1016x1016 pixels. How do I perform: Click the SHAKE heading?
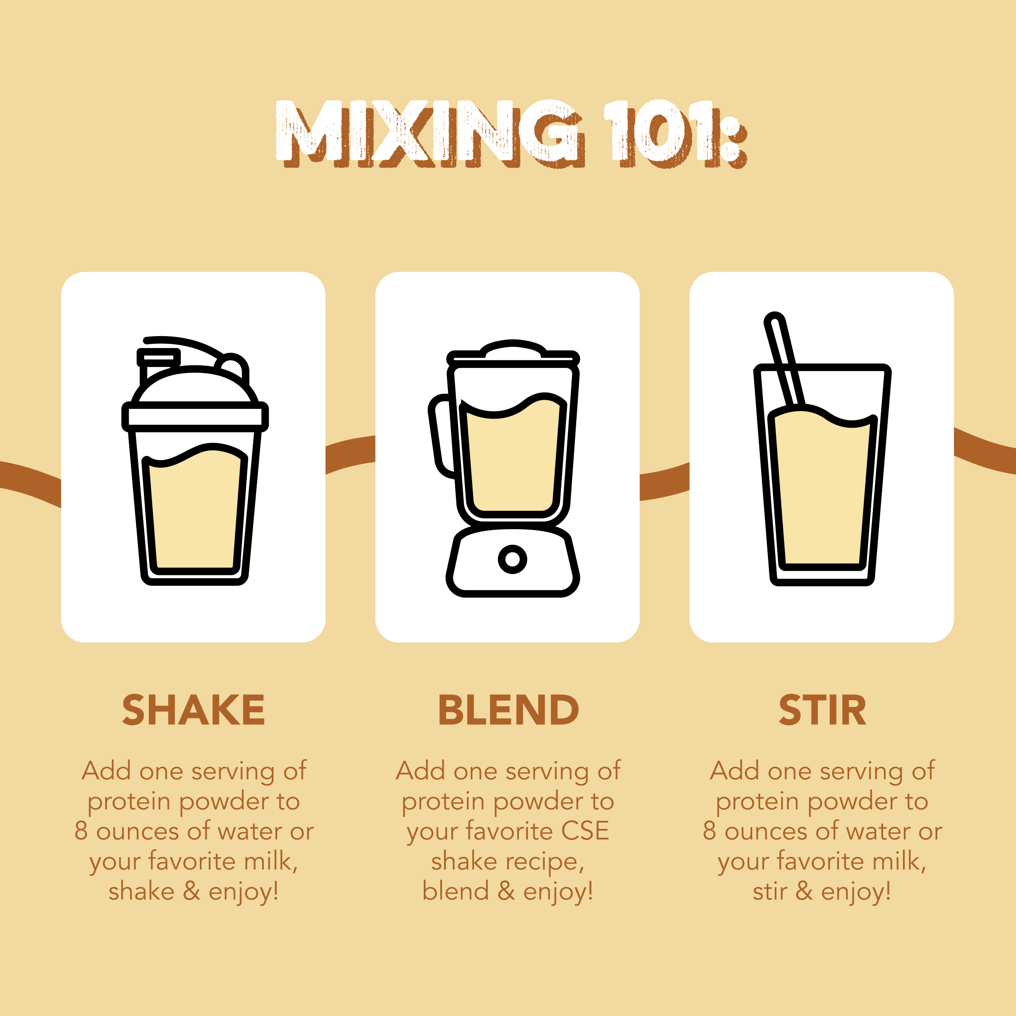pos(193,710)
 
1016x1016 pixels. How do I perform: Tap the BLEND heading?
pos(508,710)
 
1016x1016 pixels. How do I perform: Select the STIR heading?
pos(822,710)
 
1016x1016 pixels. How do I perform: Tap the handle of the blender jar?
pos(441,436)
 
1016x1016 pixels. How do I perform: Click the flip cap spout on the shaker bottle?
pos(158,358)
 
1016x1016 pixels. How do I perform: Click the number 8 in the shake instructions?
pos(80,831)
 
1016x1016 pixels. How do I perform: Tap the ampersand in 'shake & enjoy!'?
pos(191,891)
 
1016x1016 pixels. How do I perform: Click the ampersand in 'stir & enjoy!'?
pos(804,891)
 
